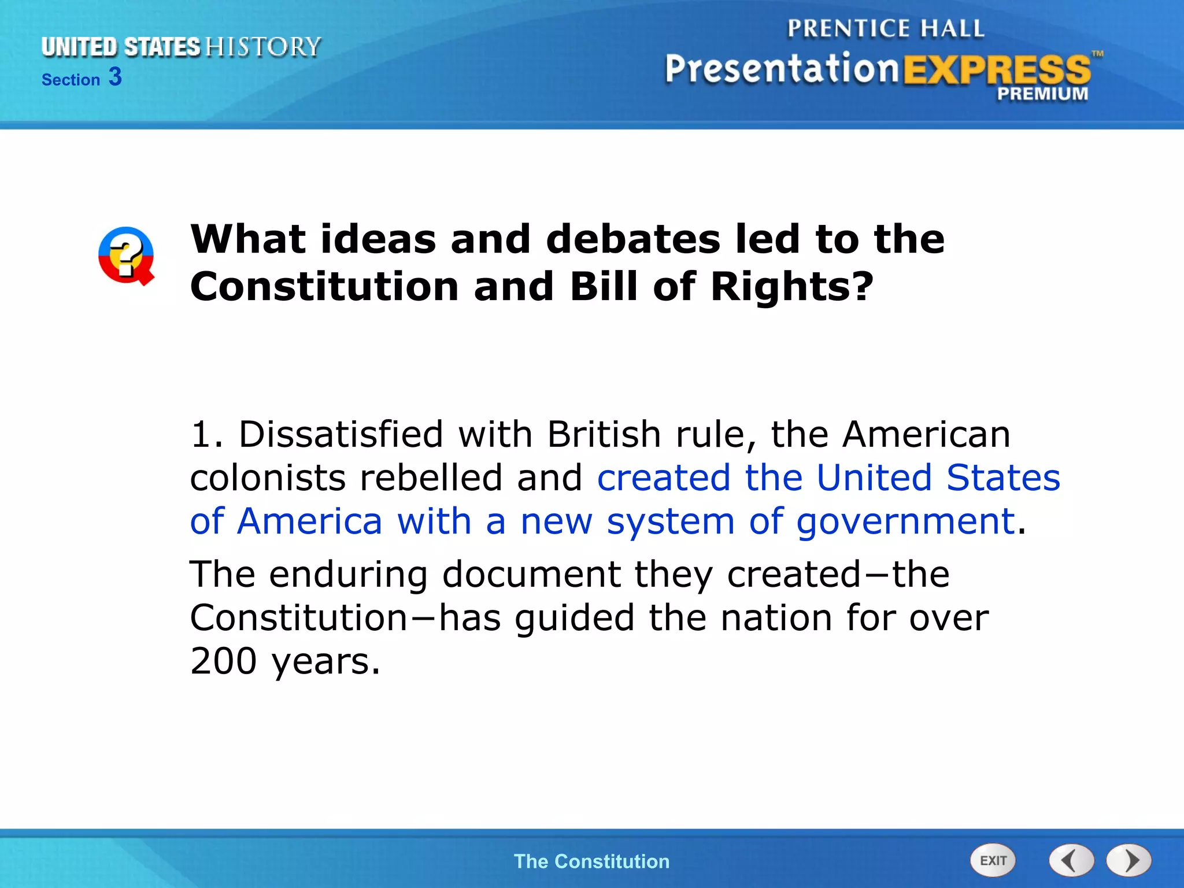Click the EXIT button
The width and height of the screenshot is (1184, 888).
coord(993,860)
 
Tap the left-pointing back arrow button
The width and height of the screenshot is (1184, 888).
coord(1071,860)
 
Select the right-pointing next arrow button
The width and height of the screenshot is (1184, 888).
coord(1129,860)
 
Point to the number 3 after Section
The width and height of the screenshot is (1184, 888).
coord(115,77)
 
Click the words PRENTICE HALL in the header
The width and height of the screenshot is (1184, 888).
coord(886,28)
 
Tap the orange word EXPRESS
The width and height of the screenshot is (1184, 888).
coord(997,71)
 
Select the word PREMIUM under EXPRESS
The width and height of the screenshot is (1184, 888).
coord(1042,94)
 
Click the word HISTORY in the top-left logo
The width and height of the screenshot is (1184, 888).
coord(263,47)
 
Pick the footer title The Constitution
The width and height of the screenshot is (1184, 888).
coord(591,861)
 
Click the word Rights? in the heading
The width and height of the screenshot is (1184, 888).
coord(791,286)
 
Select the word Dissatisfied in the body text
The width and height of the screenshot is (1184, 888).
coord(341,434)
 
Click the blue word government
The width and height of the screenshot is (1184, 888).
coord(906,522)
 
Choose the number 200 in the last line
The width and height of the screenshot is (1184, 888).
coord(223,661)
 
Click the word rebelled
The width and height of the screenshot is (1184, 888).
coord(431,478)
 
